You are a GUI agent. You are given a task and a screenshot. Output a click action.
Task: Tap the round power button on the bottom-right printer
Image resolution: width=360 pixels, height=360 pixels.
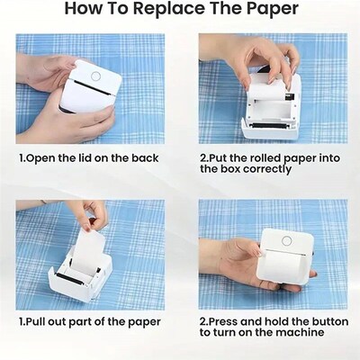pyautogui.click(x=287, y=240)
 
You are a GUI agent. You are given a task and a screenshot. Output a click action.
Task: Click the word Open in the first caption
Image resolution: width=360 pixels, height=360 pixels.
pyautogui.click(x=46, y=158)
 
